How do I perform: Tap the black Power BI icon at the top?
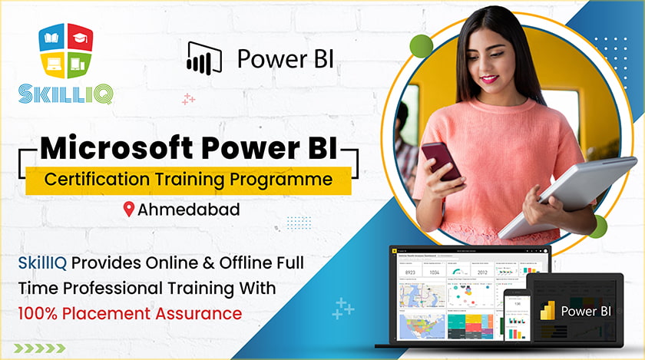[203, 58]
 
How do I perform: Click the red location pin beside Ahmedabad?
[128, 209]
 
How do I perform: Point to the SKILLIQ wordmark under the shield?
[64, 94]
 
